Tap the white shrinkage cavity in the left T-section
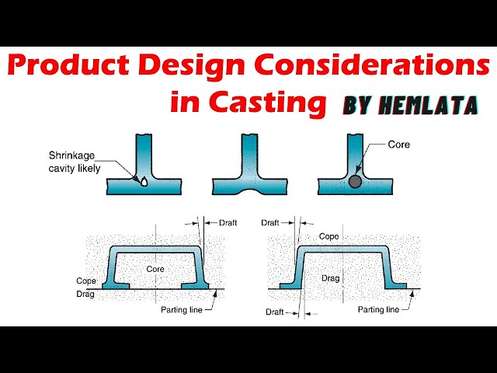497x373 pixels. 145,183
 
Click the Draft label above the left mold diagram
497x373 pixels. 228,222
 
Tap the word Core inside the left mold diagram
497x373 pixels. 156,268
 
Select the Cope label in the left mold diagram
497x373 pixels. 85,281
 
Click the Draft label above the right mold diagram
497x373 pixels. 270,222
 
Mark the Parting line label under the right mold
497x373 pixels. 378,309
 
